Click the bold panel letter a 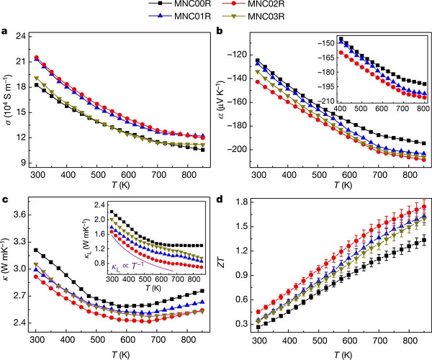(6, 32)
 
